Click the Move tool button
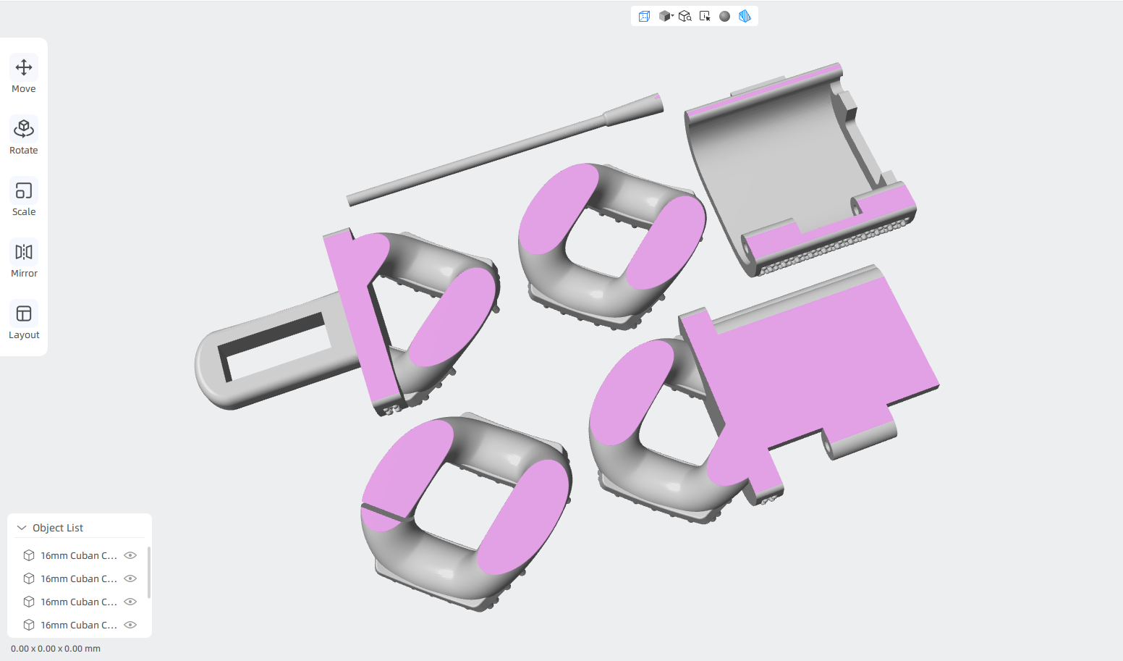[24, 74]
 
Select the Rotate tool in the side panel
[24, 135]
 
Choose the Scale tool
[24, 197]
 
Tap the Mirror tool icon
[24, 258]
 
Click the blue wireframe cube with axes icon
[644, 17]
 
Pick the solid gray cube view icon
[665, 17]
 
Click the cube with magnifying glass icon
[685, 17]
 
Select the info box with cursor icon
[705, 17]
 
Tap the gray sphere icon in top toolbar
[724, 17]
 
